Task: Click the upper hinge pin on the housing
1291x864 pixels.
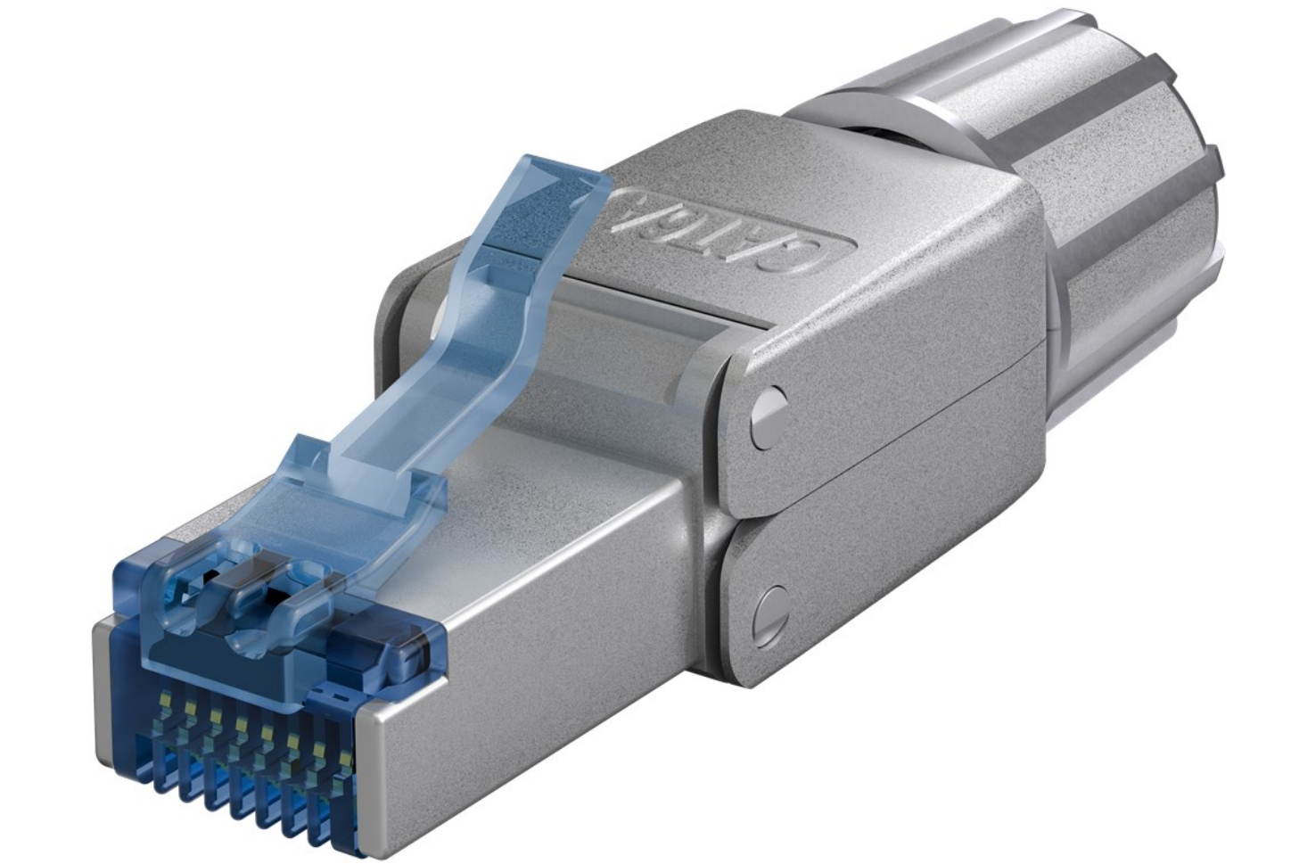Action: point(767,413)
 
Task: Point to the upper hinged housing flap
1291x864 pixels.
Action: point(883,392)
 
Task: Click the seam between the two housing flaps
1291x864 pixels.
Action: point(892,499)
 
